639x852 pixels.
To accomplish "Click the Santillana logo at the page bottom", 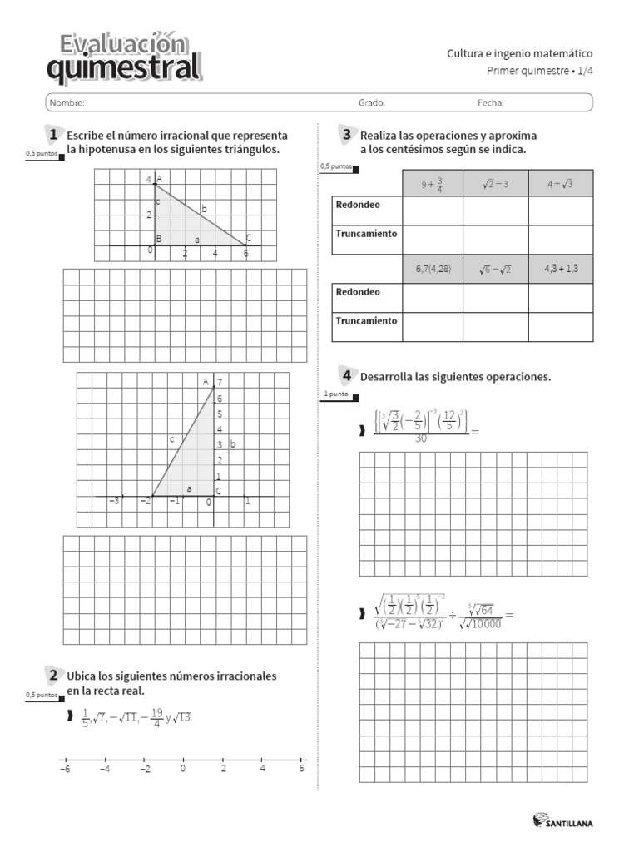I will (x=563, y=822).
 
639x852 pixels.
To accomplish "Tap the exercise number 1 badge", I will (x=52, y=135).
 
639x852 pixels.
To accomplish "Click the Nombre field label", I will (x=67, y=103).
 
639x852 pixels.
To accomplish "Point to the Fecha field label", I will (x=491, y=103).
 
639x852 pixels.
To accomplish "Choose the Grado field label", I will (x=372, y=103).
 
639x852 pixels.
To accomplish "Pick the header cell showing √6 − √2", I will (x=495, y=270).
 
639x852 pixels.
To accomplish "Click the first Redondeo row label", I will (x=358, y=205).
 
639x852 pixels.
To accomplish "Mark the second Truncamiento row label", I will (x=366, y=320).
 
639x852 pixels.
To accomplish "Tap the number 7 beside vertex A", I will (x=220, y=382).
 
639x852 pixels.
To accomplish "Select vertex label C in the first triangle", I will (x=248, y=238).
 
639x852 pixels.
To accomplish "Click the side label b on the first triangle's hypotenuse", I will (x=203, y=209).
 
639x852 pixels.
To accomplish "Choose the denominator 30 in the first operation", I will (x=421, y=438).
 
